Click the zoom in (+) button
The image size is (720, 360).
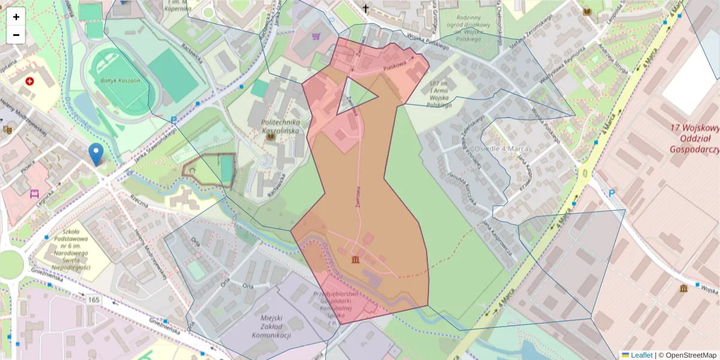[16, 17]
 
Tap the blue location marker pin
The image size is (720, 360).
[95, 154]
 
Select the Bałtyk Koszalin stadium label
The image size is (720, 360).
[120, 80]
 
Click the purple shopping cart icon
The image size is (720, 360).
[316, 37]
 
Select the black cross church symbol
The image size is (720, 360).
[365, 8]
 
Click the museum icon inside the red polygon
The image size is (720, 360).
[356, 259]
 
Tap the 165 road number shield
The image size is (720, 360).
[94, 299]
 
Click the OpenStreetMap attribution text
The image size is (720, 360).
[687, 355]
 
